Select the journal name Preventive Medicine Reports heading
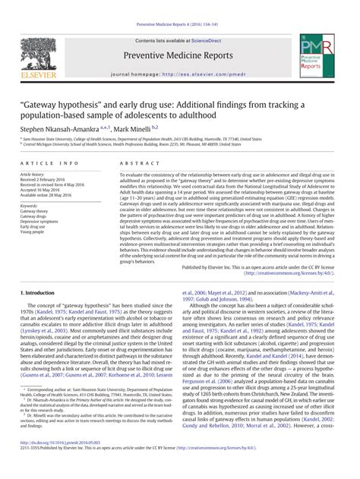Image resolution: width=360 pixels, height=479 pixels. coord(179,55)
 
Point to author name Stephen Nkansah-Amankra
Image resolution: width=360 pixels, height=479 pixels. coord(66,130)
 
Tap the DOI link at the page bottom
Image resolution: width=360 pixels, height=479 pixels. coord(58,462)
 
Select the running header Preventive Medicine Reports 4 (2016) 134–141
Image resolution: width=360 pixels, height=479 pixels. coord(179,6)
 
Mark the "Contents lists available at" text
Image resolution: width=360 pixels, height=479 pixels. coord(162,39)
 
